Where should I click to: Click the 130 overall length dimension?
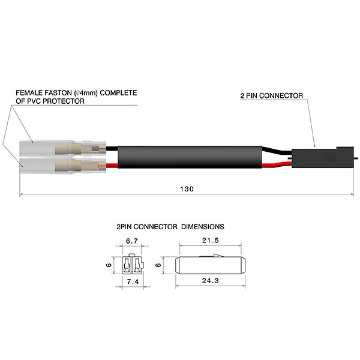coord(187,188)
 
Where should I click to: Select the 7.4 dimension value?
coord(133,281)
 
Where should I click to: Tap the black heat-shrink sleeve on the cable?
coord(192,155)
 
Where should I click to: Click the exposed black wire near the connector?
coord(280,150)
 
